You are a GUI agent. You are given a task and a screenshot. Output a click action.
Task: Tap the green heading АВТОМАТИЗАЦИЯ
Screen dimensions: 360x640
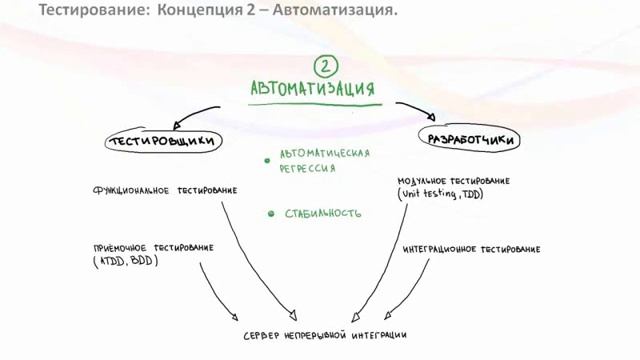click(313, 89)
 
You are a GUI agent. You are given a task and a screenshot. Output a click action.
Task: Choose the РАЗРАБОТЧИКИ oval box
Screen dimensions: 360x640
click(470, 140)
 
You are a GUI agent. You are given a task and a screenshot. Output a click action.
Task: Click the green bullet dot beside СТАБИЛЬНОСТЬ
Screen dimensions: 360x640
click(271, 213)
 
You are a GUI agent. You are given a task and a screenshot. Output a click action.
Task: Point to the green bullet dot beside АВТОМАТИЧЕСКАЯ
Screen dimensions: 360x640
click(267, 160)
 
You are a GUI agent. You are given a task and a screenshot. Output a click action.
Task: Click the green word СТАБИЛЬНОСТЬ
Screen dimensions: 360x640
click(322, 213)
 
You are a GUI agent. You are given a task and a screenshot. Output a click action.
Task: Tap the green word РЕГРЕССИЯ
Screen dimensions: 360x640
click(307, 169)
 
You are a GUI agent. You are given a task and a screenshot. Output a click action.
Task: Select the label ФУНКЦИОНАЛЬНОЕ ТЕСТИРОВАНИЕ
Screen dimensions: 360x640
click(165, 189)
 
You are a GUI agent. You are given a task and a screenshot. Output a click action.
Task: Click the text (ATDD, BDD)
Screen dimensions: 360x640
click(124, 260)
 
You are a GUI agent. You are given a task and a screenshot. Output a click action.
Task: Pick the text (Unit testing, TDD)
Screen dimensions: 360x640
click(441, 193)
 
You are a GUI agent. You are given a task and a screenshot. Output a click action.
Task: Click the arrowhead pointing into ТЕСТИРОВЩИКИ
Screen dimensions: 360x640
click(177, 125)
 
